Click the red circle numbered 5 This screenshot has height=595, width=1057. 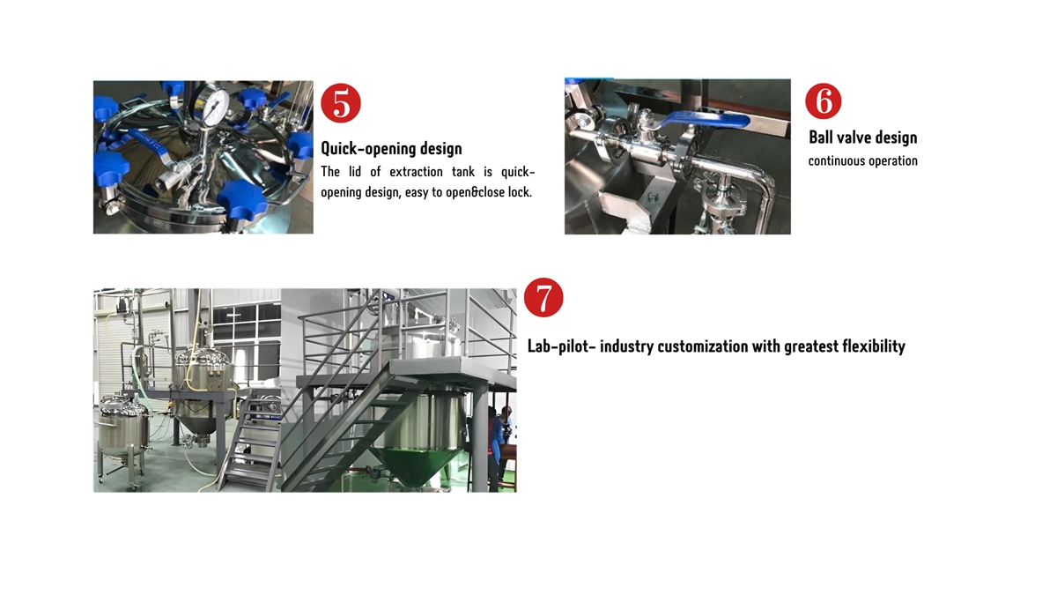341,103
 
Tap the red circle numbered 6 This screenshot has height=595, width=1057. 824,101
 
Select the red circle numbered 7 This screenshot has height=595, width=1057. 543,298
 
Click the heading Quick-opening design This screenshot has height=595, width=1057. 391,148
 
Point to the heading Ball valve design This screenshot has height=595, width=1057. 863,138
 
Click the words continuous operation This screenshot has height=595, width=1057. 863,161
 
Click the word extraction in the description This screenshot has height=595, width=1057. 416,172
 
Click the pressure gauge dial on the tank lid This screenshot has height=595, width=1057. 213,105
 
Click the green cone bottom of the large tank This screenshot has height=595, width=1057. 416,465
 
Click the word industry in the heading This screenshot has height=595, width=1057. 626,346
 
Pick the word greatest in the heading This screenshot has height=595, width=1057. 811,347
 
